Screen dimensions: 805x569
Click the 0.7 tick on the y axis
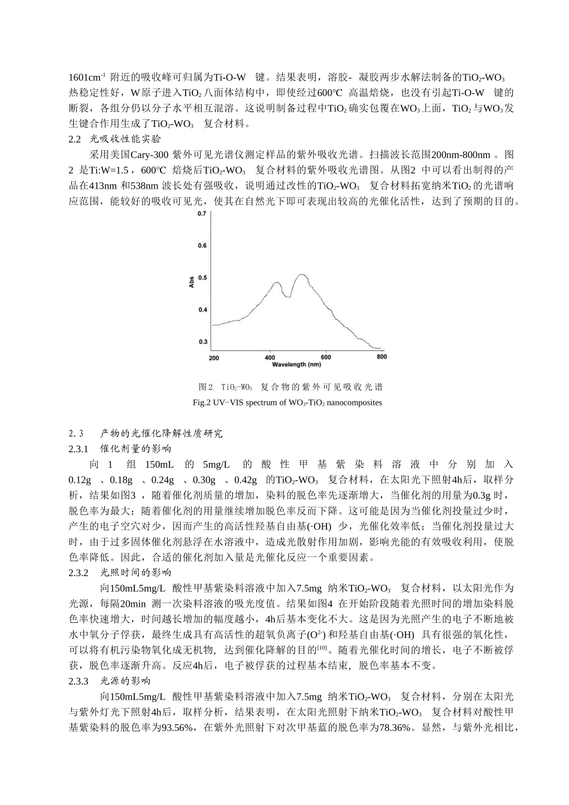click(x=202, y=214)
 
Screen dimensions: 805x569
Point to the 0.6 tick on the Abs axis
click(x=202, y=246)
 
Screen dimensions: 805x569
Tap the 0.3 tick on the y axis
click(x=202, y=342)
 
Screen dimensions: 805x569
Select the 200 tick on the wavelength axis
click(x=214, y=358)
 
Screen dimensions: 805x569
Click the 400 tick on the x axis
click(x=270, y=358)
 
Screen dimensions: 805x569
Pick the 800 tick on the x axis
click(x=382, y=357)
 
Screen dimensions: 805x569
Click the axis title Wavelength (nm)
click(x=296, y=364)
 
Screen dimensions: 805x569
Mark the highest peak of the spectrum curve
click(x=301, y=276)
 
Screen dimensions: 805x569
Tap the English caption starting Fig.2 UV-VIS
click(x=287, y=402)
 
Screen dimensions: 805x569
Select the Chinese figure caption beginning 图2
click(x=290, y=387)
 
